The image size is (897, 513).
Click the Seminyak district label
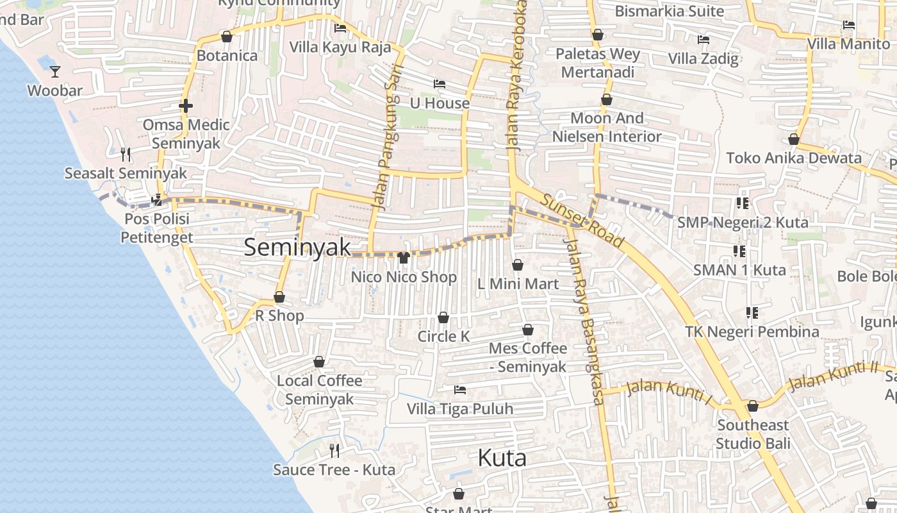[297, 248]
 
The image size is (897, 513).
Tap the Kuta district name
[502, 458]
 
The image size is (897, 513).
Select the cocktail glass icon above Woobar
[55, 71]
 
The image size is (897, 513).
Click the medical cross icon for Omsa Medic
[186, 106]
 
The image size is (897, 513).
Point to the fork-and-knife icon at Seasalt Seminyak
[126, 154]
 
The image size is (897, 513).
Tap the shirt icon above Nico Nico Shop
[404, 258]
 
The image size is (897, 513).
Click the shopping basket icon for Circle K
[443, 317]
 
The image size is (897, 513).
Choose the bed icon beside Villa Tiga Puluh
[459, 389]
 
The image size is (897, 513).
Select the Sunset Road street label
[582, 220]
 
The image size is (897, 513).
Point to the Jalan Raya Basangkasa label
[583, 321]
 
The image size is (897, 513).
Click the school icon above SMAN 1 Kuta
[739, 251]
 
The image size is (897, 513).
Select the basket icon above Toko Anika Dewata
[794, 139]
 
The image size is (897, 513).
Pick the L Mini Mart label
[518, 283]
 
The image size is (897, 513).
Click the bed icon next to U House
[439, 84]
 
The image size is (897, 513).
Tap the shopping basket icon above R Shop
[279, 297]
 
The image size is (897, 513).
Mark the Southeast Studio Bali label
[753, 434]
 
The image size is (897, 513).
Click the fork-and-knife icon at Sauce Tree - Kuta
[334, 450]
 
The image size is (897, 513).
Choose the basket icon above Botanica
[226, 37]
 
